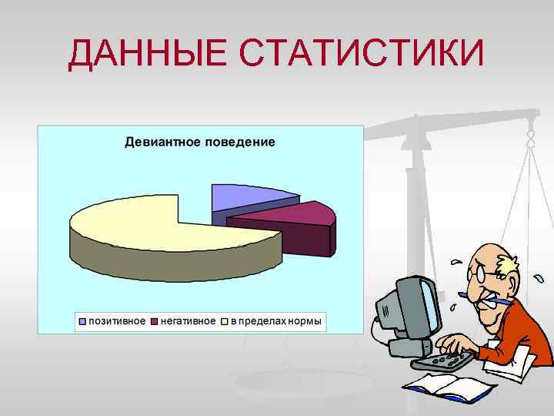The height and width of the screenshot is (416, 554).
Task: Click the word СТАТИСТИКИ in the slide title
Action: click(x=361, y=54)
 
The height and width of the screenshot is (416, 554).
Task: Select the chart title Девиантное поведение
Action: click(x=199, y=142)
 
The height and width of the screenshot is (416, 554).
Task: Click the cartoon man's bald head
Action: click(x=481, y=253)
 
